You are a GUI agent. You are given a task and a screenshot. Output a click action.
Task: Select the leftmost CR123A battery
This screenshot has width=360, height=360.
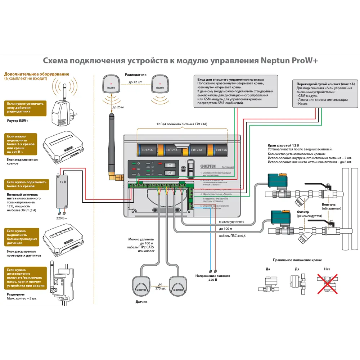tap(148, 149)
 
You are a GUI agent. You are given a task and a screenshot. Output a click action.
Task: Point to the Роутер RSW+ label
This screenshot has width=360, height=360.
tap(18, 121)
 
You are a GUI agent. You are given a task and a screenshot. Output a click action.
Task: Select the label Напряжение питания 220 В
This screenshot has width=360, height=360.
tap(213, 278)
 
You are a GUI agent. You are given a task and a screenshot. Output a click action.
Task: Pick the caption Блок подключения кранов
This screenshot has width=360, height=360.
tap(22, 161)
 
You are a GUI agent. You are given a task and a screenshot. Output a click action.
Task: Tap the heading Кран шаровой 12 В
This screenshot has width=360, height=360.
tap(283, 145)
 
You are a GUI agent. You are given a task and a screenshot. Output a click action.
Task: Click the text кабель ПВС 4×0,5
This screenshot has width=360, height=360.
tap(232, 236)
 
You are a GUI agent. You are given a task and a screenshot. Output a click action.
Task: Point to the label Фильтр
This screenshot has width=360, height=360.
tap(303, 212)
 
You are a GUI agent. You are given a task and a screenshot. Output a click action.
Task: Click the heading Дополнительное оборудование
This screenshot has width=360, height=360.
tap(37, 74)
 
